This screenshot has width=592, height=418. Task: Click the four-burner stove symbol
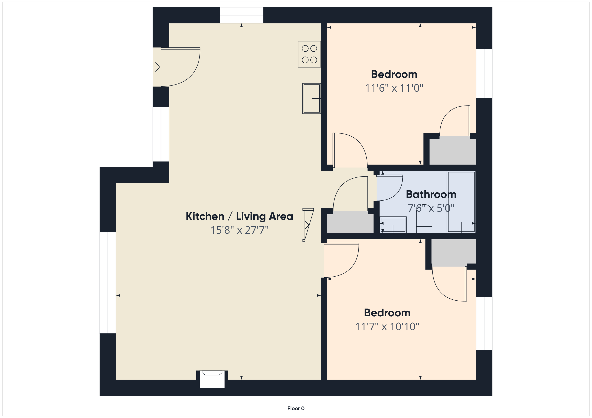(309, 54)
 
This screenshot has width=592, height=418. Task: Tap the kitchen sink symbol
(311, 98)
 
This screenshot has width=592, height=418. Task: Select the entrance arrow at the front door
(156, 67)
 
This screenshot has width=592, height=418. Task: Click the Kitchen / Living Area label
(239, 216)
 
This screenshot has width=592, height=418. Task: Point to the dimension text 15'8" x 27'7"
(239, 230)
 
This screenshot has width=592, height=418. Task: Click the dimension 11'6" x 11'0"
(394, 88)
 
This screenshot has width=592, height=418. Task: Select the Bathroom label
(431, 194)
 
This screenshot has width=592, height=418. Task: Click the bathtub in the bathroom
(461, 202)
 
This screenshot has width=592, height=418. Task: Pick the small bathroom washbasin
(393, 225)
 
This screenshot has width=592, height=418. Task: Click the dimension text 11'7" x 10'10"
(387, 327)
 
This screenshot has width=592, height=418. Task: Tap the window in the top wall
(241, 15)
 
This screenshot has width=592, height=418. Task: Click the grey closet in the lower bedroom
(453, 252)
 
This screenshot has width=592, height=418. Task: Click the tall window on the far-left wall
(108, 283)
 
